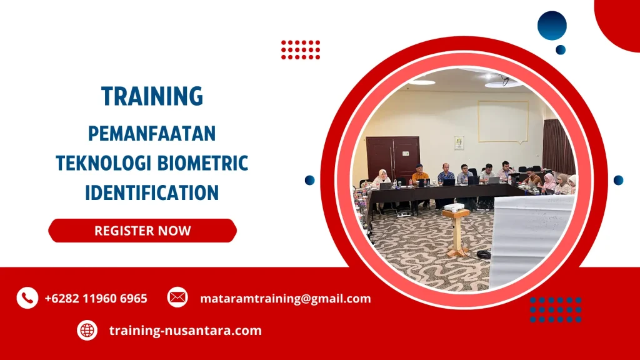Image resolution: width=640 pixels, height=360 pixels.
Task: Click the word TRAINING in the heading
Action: (x=152, y=96)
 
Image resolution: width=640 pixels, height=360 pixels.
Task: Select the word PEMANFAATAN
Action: (x=152, y=133)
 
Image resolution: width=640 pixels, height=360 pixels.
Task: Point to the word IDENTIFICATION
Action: (x=152, y=192)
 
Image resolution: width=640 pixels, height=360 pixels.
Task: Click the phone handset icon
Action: (x=27, y=298)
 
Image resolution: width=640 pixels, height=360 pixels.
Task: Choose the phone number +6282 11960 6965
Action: (x=96, y=299)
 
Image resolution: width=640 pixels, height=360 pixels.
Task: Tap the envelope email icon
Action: (x=177, y=297)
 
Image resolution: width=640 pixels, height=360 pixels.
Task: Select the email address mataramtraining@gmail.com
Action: (x=285, y=299)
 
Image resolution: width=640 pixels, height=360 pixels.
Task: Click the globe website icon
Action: (x=87, y=330)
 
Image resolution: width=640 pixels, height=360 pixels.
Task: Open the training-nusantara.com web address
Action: (x=185, y=331)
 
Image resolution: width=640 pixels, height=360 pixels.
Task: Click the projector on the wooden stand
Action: (x=454, y=207)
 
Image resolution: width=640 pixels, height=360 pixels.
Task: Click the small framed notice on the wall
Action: (x=459, y=142)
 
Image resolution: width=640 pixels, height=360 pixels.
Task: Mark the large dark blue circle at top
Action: (x=552, y=26)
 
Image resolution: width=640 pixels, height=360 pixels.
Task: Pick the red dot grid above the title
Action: (x=300, y=49)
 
